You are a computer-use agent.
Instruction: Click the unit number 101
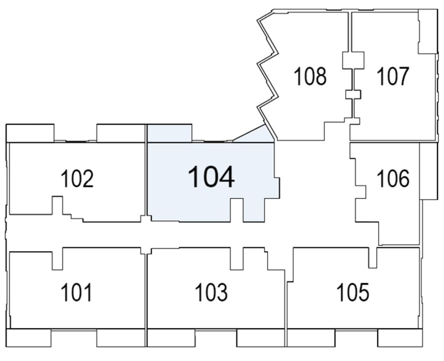(x=76, y=292)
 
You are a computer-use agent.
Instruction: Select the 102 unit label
(x=77, y=178)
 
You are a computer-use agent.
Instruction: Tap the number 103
(x=212, y=292)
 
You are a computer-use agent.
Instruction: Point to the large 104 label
(x=211, y=177)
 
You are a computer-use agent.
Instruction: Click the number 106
(x=393, y=178)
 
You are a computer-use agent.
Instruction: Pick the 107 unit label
(x=393, y=76)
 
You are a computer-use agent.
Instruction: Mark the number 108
(x=310, y=76)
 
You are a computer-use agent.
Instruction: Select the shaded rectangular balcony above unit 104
(x=169, y=133)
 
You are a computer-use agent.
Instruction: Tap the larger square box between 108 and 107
(x=353, y=60)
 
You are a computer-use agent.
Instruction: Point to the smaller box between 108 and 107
(x=353, y=94)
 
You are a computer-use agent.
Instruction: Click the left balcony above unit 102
(x=30, y=133)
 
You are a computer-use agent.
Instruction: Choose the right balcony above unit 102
(x=121, y=133)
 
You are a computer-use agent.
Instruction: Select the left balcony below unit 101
(x=28, y=338)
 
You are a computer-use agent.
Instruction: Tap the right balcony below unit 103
(x=261, y=338)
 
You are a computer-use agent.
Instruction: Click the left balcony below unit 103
(x=171, y=338)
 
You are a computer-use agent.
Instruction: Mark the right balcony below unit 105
(x=401, y=338)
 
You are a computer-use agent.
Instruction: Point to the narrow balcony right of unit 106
(x=429, y=171)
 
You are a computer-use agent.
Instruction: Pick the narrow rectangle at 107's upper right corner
(x=428, y=31)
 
